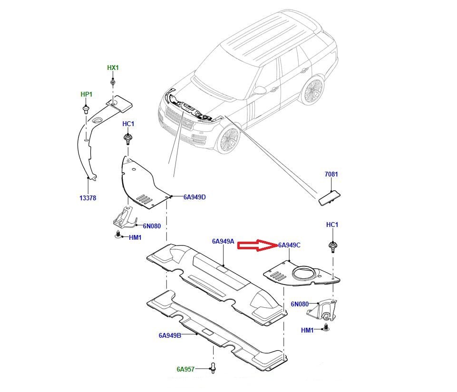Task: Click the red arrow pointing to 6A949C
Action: pyautogui.click(x=257, y=245)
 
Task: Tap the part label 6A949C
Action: pyautogui.click(x=289, y=245)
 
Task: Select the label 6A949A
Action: pyautogui.click(x=223, y=241)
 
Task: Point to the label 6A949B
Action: pyautogui.click(x=170, y=335)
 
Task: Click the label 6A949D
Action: pyautogui.click(x=194, y=196)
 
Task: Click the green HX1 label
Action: pyautogui.click(x=113, y=68)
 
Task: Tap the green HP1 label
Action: pyautogui.click(x=86, y=94)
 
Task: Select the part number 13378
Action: pyautogui.click(x=88, y=198)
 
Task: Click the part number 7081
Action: pyautogui.click(x=331, y=174)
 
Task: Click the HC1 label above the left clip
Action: pyautogui.click(x=128, y=124)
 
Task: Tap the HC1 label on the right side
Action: pyautogui.click(x=332, y=224)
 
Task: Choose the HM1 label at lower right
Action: pyautogui.click(x=307, y=330)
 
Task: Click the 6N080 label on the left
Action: pyautogui.click(x=152, y=226)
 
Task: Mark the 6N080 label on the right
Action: pyautogui.click(x=300, y=304)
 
